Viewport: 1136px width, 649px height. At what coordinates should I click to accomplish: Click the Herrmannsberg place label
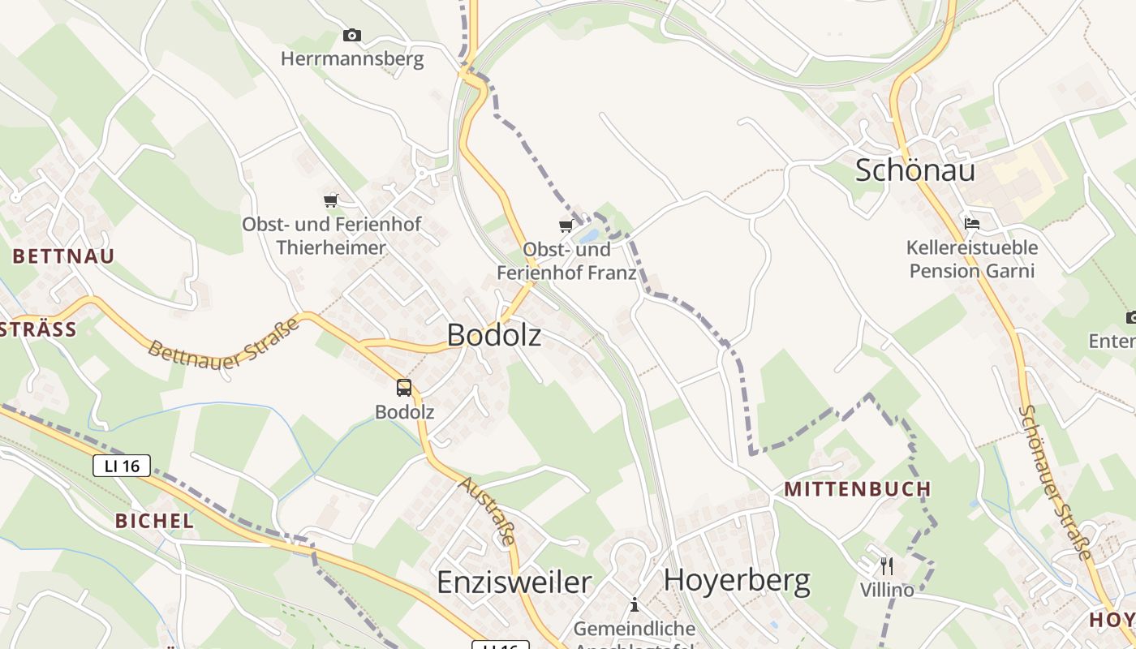pos(352,59)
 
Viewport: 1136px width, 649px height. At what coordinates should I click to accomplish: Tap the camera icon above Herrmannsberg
pos(351,35)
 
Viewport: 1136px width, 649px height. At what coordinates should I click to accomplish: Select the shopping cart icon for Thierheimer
pos(330,200)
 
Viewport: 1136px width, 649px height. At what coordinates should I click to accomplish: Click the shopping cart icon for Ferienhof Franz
pos(566,226)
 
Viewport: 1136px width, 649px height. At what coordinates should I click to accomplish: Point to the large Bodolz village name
pos(493,335)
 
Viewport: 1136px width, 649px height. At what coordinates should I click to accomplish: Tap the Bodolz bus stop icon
pos(404,388)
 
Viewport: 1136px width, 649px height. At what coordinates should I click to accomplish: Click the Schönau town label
pos(915,170)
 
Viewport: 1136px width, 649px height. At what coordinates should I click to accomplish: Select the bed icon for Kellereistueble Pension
pos(971,223)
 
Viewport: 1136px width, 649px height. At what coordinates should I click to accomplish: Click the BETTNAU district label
pos(63,256)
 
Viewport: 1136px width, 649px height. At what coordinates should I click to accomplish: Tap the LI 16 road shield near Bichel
pos(122,466)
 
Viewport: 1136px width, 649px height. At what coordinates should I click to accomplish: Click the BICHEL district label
pos(154,521)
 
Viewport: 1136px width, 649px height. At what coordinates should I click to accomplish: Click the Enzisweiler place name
pos(514,582)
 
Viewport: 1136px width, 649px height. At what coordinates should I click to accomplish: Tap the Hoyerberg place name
pos(737,581)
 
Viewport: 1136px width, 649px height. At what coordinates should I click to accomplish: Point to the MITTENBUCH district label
pos(858,489)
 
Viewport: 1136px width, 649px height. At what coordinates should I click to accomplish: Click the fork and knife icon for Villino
pos(887,565)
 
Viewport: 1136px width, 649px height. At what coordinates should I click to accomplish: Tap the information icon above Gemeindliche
pos(635,604)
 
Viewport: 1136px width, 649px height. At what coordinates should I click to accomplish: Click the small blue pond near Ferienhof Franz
pos(589,236)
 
